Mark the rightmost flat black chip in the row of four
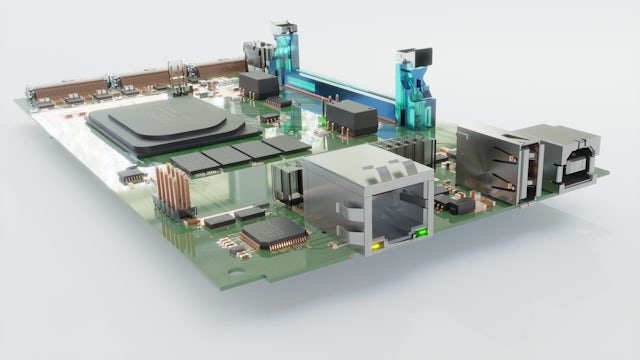286,144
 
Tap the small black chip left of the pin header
128,175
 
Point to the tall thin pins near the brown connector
175,75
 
